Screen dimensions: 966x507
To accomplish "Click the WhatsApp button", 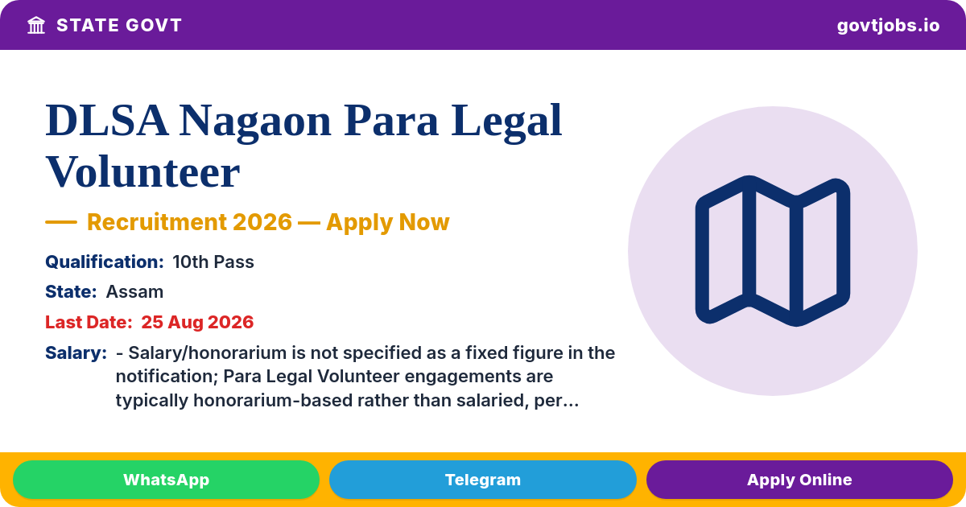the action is click(166, 480).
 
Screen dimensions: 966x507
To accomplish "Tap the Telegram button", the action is click(482, 480).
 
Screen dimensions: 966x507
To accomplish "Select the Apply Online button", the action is click(799, 480).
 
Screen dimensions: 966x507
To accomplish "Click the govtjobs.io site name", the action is click(888, 26).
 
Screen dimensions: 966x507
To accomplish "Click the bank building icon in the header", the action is click(36, 25).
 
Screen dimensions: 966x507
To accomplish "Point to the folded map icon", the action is click(773, 251).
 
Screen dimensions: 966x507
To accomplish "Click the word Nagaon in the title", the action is click(255, 122).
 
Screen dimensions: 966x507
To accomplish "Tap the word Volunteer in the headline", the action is click(142, 172).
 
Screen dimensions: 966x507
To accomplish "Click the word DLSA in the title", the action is click(107, 120).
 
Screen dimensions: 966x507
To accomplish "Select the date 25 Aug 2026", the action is click(197, 322).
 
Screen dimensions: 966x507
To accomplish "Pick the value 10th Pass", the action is click(213, 262).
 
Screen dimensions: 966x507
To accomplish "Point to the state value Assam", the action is click(134, 292).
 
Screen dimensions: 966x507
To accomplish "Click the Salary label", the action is click(76, 352).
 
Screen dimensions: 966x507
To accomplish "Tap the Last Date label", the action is click(89, 322).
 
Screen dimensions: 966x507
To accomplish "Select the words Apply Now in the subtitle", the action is click(388, 222).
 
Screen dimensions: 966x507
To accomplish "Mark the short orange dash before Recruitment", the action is click(61, 222).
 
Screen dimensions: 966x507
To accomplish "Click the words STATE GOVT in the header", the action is click(119, 26).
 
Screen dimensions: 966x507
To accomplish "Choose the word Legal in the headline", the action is click(506, 122).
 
